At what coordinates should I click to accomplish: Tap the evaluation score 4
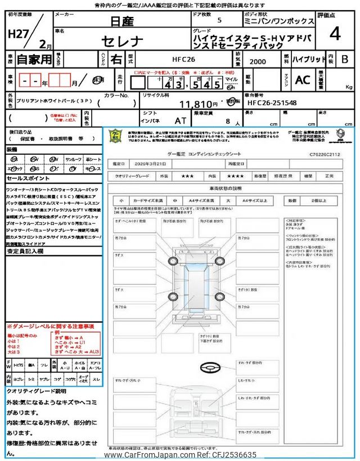[x=335, y=34]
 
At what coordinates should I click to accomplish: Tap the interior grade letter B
[x=345, y=59]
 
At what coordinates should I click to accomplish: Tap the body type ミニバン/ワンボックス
[x=289, y=20]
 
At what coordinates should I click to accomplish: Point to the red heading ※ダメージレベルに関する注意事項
[x=50, y=326]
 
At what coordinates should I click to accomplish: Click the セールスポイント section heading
[x=29, y=178]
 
